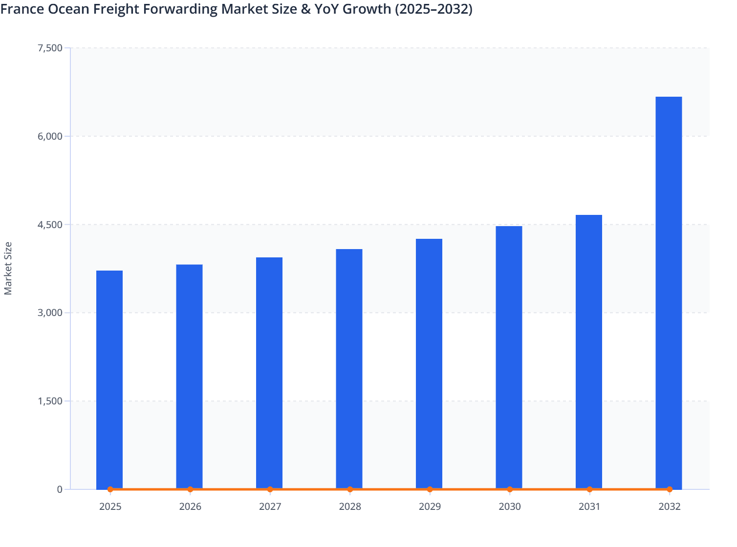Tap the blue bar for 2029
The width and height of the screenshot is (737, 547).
[429, 363]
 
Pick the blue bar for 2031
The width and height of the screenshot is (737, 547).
[589, 352]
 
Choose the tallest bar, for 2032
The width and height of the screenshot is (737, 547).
[669, 293]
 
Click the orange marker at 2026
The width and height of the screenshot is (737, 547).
[190, 489]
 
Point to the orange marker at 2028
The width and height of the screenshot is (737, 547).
[350, 489]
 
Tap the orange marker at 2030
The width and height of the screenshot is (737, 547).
[510, 489]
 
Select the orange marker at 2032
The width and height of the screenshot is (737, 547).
[670, 489]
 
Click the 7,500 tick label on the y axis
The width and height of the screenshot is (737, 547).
[50, 48]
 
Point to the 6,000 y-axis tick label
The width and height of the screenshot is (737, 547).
[50, 136]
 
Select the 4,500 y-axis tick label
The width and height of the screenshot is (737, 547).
[50, 225]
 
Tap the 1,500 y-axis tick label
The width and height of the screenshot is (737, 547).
[50, 401]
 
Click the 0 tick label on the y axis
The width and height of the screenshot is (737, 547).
[60, 489]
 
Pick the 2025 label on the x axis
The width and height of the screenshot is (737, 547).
[110, 506]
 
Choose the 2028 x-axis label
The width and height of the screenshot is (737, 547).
[350, 506]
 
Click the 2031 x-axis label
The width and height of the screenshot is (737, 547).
[589, 506]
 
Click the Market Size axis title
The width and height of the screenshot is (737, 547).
[8, 268]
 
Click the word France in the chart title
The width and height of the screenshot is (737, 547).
[22, 9]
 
